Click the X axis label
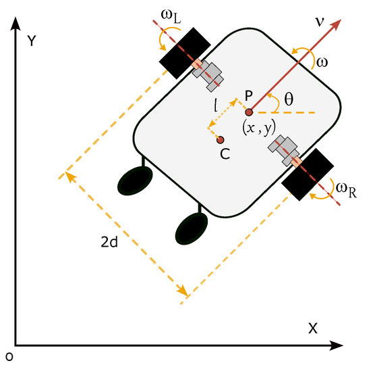312,328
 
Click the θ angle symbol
290,99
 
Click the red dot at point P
248,112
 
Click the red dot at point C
220,140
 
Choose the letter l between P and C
214,106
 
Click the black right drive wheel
307,173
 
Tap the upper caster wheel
133,180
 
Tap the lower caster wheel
191,228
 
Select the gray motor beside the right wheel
283,148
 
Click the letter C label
225,153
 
